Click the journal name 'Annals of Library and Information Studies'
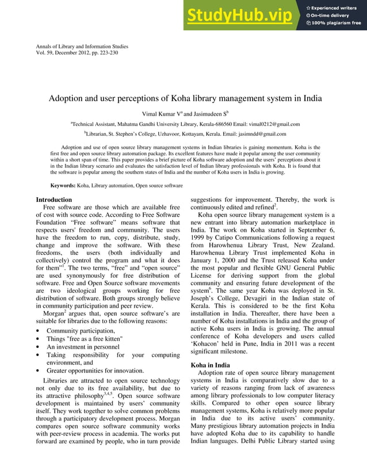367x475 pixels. click(82, 46)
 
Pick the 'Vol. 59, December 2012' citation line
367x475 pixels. click(77, 53)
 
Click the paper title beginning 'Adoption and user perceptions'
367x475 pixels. click(185, 98)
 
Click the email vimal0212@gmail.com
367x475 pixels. click(272, 124)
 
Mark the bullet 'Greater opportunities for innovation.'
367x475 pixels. click(94, 371)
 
